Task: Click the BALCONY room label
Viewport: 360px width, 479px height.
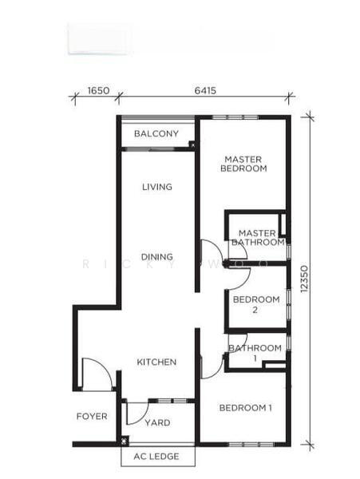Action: pyautogui.click(x=156, y=133)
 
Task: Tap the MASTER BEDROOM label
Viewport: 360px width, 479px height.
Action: pyautogui.click(x=243, y=164)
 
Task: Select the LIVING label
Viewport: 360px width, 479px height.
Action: pyautogui.click(x=157, y=187)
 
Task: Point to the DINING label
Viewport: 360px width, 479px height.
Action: pyautogui.click(x=157, y=256)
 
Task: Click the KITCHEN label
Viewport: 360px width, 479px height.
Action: pyautogui.click(x=156, y=362)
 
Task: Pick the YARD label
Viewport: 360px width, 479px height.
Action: pyautogui.click(x=157, y=423)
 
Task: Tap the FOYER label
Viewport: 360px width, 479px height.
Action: pyautogui.click(x=92, y=416)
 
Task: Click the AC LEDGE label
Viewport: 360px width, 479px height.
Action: pyautogui.click(x=156, y=457)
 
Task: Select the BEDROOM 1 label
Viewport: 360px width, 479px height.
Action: pyautogui.click(x=246, y=407)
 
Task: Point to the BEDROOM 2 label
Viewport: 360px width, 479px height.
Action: pyautogui.click(x=256, y=304)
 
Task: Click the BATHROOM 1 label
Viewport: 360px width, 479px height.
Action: pyautogui.click(x=255, y=353)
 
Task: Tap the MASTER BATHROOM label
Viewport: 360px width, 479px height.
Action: pyautogui.click(x=258, y=238)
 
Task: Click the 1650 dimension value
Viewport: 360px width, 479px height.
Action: pyautogui.click(x=98, y=91)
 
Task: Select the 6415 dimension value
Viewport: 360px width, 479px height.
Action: pyautogui.click(x=205, y=91)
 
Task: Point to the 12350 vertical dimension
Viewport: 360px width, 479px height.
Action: pyautogui.click(x=304, y=279)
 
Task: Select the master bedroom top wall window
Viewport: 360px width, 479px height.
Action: pyautogui.click(x=235, y=117)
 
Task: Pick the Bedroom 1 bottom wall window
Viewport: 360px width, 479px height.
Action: pyautogui.click(x=251, y=445)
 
